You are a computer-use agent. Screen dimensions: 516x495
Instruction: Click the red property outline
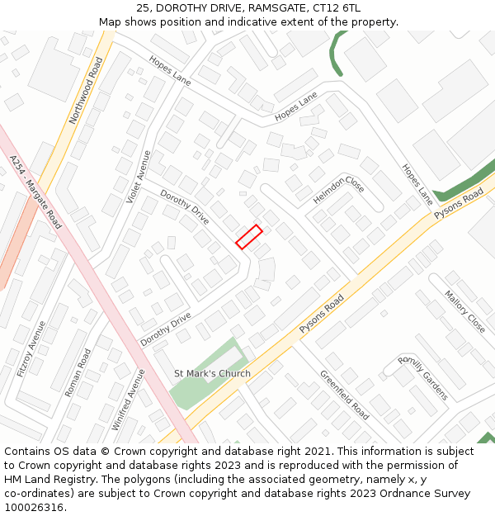pyautogui.click(x=249, y=236)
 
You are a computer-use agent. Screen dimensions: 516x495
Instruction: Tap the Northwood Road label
pyautogui.click(x=86, y=91)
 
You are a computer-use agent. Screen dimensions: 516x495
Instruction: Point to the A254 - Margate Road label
pyautogui.click(x=35, y=192)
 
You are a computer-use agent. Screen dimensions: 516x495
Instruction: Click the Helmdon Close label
pyautogui.click(x=338, y=191)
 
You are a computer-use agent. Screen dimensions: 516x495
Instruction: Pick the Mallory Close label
pyautogui.click(x=464, y=311)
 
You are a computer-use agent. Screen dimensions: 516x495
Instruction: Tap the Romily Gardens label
pyautogui.click(x=422, y=377)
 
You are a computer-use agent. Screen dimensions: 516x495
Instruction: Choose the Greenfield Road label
pyautogui.click(x=345, y=395)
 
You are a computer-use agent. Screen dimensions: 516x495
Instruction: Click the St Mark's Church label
pyautogui.click(x=212, y=373)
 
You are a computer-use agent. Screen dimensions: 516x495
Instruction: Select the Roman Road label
pyautogui.click(x=79, y=372)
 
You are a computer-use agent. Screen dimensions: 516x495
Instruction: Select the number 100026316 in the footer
pyautogui.click(x=34, y=508)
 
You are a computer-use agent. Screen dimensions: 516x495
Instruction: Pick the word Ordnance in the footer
pyautogui.click(x=378, y=494)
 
